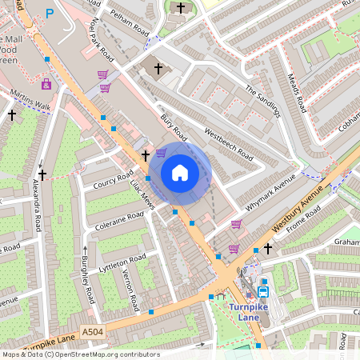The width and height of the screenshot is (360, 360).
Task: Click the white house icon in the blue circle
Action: pyautogui.click(x=180, y=173)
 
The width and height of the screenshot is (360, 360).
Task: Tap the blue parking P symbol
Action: pyautogui.click(x=50, y=14)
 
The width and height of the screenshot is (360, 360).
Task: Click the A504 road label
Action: pyautogui.click(x=93, y=330)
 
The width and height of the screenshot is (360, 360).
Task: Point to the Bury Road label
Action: pyautogui.click(x=173, y=128)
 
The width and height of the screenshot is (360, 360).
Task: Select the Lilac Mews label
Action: pyautogui.click(x=142, y=194)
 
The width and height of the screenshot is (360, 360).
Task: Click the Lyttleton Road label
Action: pyautogui.click(x=122, y=264)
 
